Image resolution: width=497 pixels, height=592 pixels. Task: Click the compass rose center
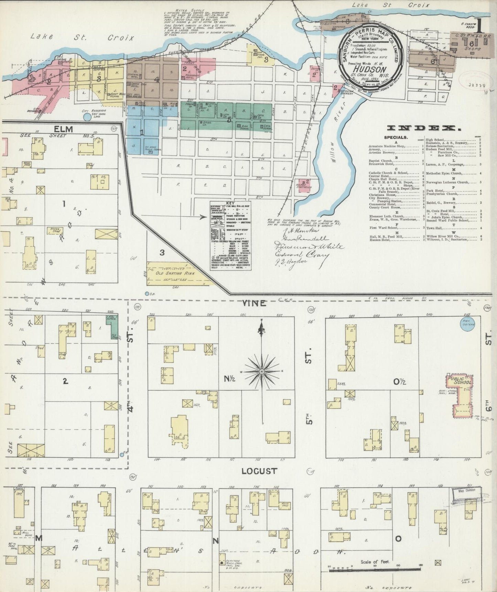click(262, 371)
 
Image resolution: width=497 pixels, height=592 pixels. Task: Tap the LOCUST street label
click(259, 471)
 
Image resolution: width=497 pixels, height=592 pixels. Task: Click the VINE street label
click(254, 303)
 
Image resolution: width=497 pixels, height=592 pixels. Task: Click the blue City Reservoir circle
click(87, 117)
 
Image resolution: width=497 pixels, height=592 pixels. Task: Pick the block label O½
click(400, 381)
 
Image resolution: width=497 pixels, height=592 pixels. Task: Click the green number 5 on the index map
click(229, 120)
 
